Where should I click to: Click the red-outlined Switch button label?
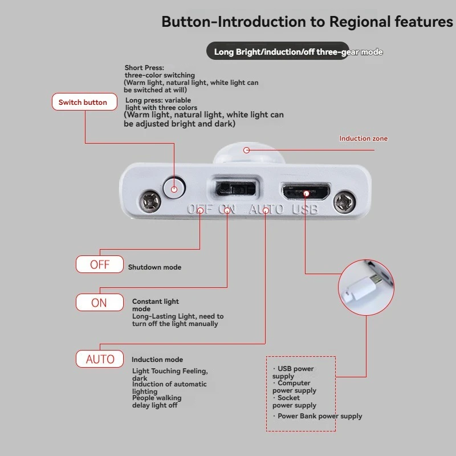point(84,102)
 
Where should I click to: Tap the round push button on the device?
point(174,188)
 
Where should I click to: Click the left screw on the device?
point(150,201)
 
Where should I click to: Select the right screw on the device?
point(345,202)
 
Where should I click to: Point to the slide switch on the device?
point(235,189)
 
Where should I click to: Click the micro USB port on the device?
point(306,192)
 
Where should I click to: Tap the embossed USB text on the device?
point(305,209)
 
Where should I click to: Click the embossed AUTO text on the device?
point(266,209)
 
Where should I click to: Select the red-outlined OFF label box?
point(100,264)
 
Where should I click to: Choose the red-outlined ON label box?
point(100,303)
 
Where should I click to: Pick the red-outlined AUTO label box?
point(100,359)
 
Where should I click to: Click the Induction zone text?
point(363,139)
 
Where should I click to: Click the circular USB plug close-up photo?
point(366,287)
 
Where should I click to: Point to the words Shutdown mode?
point(154,267)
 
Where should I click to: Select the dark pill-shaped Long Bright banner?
point(278,51)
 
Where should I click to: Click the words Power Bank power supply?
point(320,416)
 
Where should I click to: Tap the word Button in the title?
point(186,22)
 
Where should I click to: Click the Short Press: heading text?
point(144,67)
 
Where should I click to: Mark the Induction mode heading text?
point(157,360)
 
